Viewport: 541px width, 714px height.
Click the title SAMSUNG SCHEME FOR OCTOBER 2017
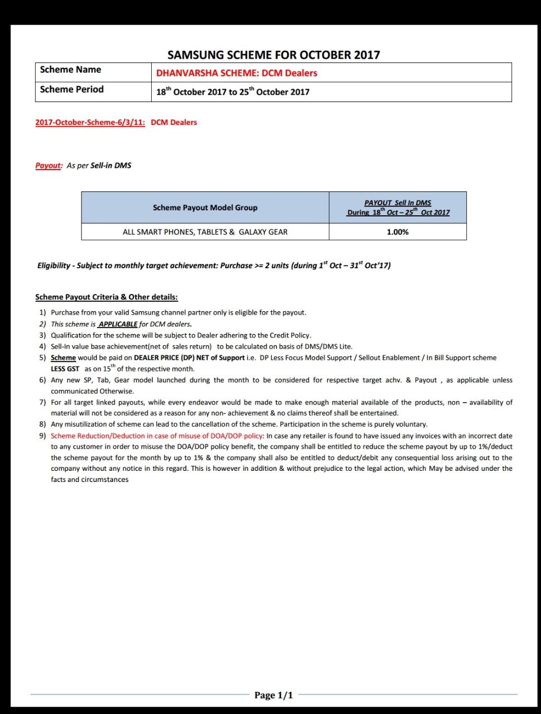tap(274, 55)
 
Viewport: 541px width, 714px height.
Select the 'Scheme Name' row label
tap(70, 70)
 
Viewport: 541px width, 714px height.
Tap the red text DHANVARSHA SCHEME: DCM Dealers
tap(236, 73)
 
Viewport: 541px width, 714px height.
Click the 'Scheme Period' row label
tap(71, 89)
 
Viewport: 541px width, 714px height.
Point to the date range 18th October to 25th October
tap(233, 92)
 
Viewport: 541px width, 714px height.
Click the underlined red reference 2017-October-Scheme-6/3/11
tap(90, 122)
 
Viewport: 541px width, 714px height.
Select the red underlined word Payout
tap(48, 166)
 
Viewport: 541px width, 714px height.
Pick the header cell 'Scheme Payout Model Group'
tap(205, 208)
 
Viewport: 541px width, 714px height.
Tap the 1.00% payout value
tap(398, 232)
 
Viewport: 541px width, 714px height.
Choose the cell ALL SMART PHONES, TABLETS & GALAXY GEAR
tap(205, 232)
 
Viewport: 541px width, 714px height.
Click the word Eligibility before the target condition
tap(54, 266)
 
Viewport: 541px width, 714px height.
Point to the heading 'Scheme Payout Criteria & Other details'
tap(107, 297)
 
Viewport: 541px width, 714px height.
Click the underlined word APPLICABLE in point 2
tap(118, 324)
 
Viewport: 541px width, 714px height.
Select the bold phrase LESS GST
tap(65, 369)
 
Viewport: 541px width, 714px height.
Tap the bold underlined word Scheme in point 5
tap(63, 358)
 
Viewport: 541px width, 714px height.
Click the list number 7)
tap(42, 402)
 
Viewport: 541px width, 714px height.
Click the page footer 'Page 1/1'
tap(273, 695)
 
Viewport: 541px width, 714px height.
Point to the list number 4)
tap(42, 346)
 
